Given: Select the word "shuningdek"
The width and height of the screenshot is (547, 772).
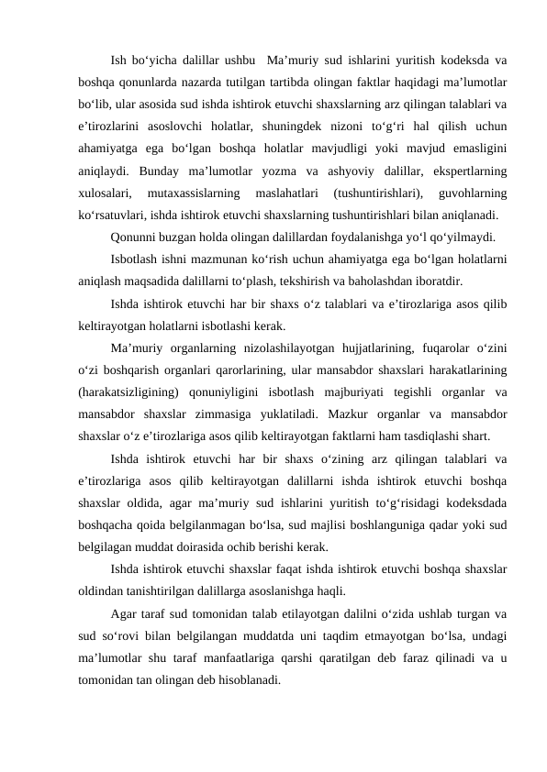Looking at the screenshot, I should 326,126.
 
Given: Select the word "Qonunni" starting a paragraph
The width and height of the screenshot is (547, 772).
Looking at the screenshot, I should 135,238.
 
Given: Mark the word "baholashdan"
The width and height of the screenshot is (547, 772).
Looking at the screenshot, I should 386,282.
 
